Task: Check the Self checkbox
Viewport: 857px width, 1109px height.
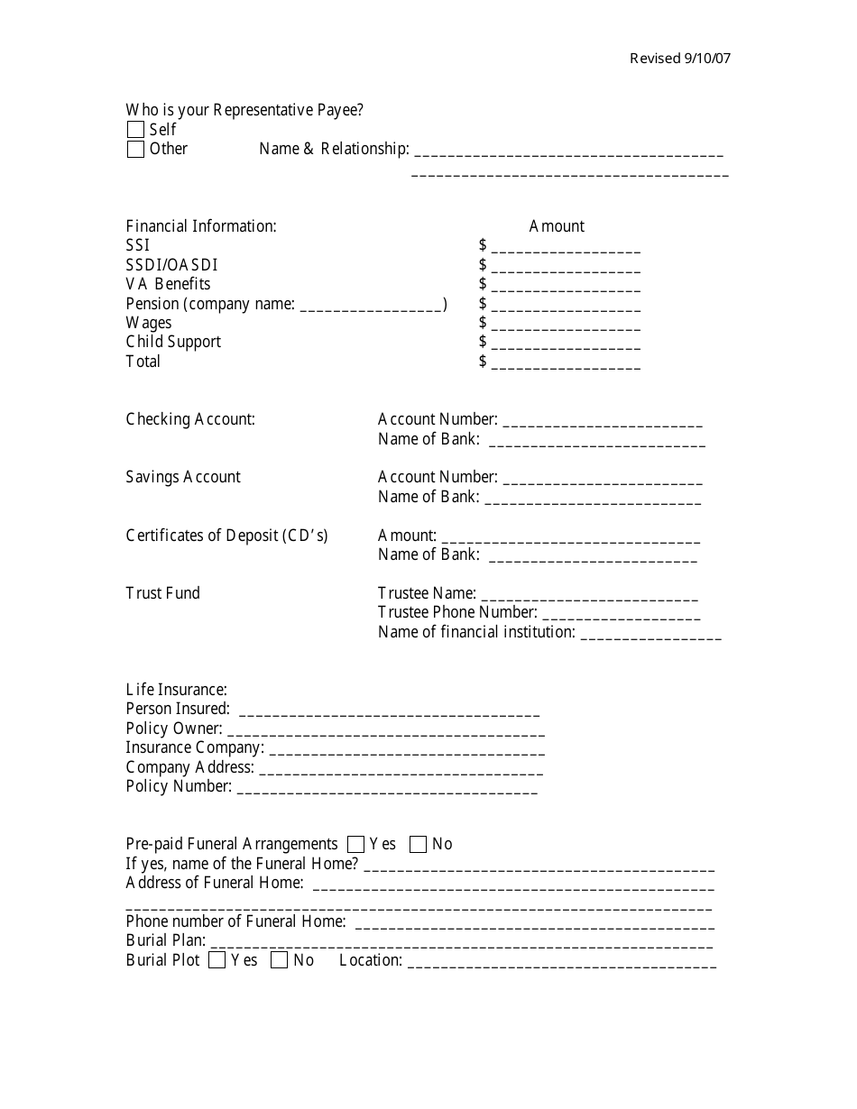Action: (x=135, y=130)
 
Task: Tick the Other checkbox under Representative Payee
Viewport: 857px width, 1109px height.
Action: (x=135, y=150)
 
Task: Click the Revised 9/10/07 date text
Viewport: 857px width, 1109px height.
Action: (x=680, y=59)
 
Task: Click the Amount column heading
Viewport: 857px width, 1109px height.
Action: (x=557, y=226)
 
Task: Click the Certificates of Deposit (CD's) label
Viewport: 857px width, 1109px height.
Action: (x=226, y=536)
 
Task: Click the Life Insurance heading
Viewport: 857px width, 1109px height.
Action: (x=176, y=690)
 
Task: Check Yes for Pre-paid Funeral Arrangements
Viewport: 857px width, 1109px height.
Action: (x=355, y=845)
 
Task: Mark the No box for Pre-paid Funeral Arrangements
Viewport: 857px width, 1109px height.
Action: (x=418, y=845)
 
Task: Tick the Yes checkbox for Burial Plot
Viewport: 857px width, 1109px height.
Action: (x=217, y=961)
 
